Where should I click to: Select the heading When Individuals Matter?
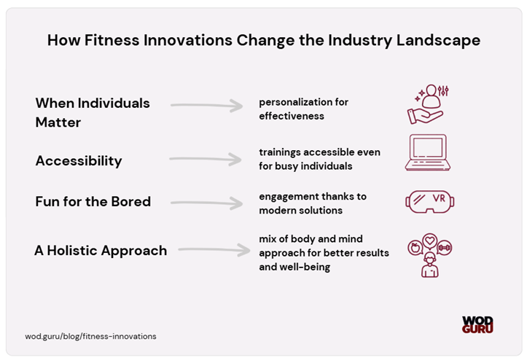[x=93, y=112]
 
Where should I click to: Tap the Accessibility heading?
[x=79, y=161]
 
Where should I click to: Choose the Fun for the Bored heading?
[x=93, y=201]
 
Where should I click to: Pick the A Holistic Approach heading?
[x=101, y=251]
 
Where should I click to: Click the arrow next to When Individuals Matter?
[x=207, y=106]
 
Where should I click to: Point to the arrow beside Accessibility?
[x=205, y=158]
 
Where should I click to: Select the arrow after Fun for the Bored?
[x=206, y=203]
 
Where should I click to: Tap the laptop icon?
[x=427, y=152]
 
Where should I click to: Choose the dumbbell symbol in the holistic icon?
[x=444, y=248]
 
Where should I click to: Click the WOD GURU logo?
[x=477, y=324]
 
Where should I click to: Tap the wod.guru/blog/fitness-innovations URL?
[x=90, y=336]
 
